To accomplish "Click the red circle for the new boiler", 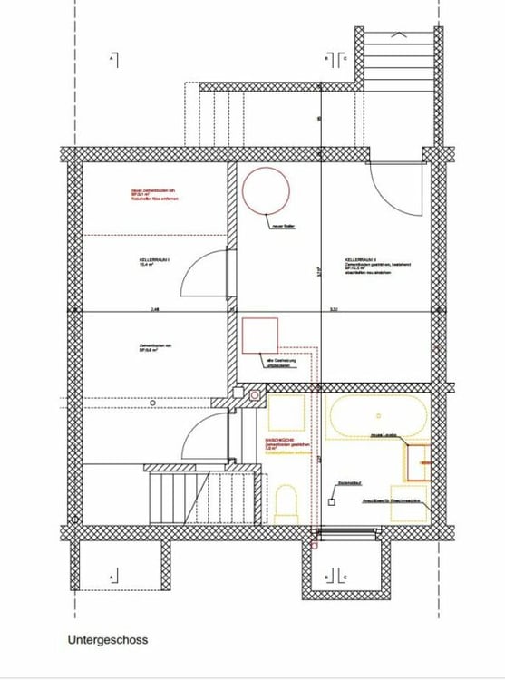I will coord(266,189).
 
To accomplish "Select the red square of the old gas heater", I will coord(260,335).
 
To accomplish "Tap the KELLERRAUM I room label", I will coord(154,259).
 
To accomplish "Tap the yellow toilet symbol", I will coord(286,501).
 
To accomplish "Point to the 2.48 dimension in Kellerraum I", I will coord(155,309).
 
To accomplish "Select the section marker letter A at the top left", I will coord(111,60).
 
